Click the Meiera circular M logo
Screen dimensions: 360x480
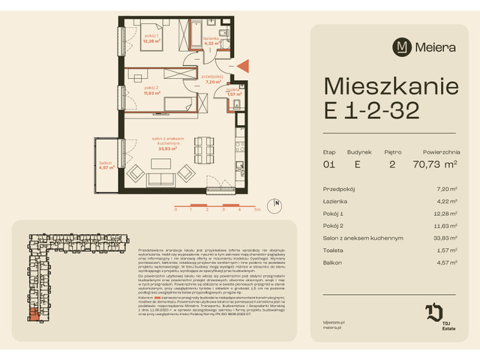[x=403, y=46]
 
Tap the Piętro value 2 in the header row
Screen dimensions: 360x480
[x=394, y=163]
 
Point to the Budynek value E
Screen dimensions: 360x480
[x=359, y=163]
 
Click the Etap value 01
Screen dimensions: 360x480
[x=328, y=163]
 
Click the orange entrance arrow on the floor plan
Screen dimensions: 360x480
[x=242, y=68]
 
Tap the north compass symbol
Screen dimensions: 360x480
[x=276, y=202]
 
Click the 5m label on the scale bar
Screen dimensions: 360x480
[x=256, y=211]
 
